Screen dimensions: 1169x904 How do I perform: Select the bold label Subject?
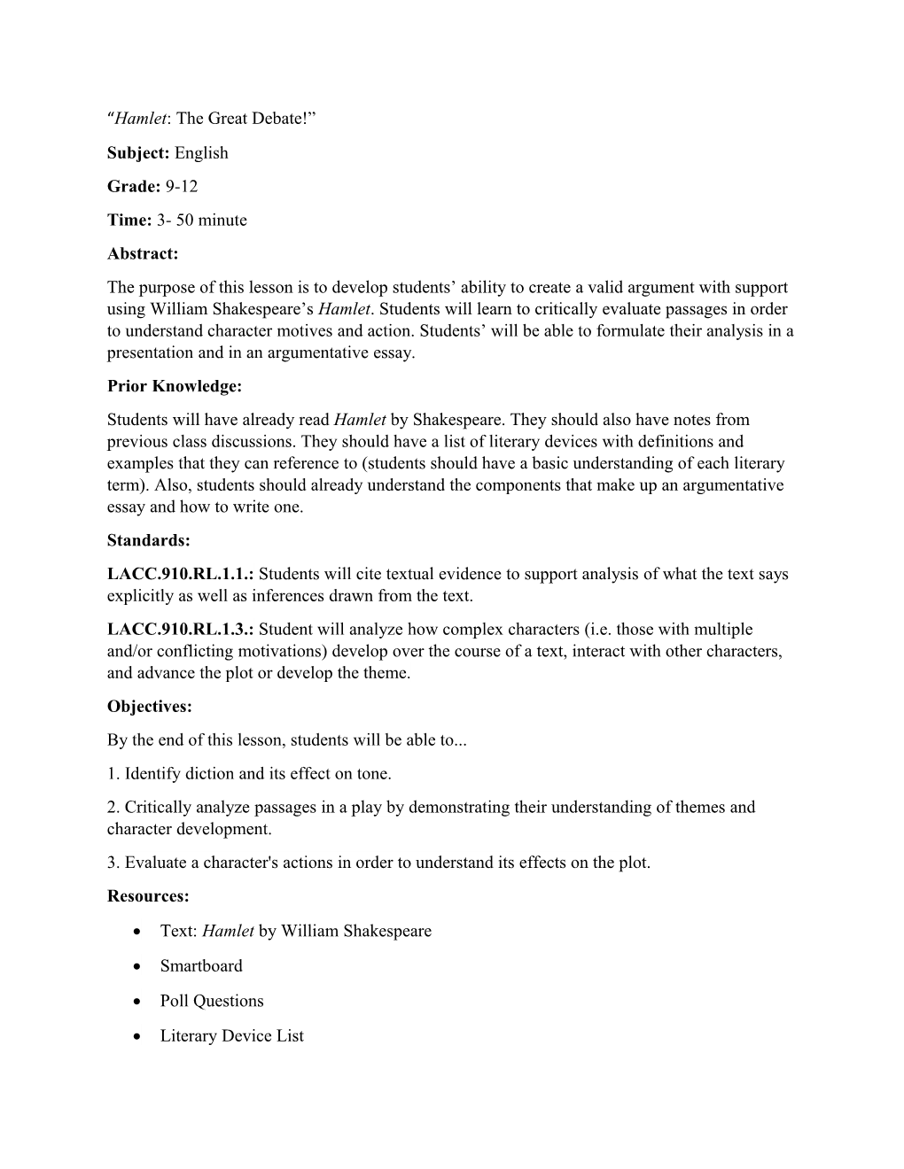click(x=138, y=153)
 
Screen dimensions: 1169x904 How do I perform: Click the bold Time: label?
click(x=129, y=221)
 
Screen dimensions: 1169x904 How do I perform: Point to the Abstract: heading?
click(x=143, y=254)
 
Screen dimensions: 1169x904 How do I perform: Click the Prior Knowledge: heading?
click(x=175, y=386)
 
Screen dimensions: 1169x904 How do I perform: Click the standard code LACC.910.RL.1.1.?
click(x=181, y=574)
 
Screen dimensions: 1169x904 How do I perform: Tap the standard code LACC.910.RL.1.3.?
click(x=181, y=630)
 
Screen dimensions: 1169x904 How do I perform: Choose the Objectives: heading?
click(x=150, y=707)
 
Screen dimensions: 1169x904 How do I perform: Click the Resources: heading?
click(x=148, y=896)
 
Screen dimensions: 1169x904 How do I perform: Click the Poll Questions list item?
click(x=212, y=1001)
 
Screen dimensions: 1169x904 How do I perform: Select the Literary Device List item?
click(x=231, y=1035)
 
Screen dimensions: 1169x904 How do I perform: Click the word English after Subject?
click(x=201, y=153)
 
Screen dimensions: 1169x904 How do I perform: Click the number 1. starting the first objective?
click(x=113, y=774)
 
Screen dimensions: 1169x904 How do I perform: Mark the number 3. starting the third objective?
click(x=113, y=863)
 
